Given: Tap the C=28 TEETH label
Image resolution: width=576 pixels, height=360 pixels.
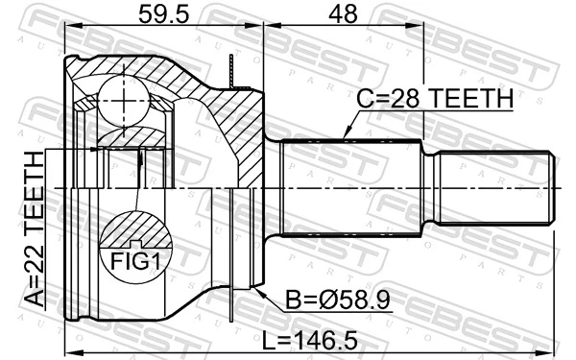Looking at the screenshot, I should point(433,99).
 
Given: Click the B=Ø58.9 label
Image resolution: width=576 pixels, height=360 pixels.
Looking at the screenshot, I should point(337,302).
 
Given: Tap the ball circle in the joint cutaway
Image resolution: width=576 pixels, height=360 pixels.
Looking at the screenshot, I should point(122,96).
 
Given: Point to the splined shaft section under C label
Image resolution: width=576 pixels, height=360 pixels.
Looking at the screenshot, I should point(350,186).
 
